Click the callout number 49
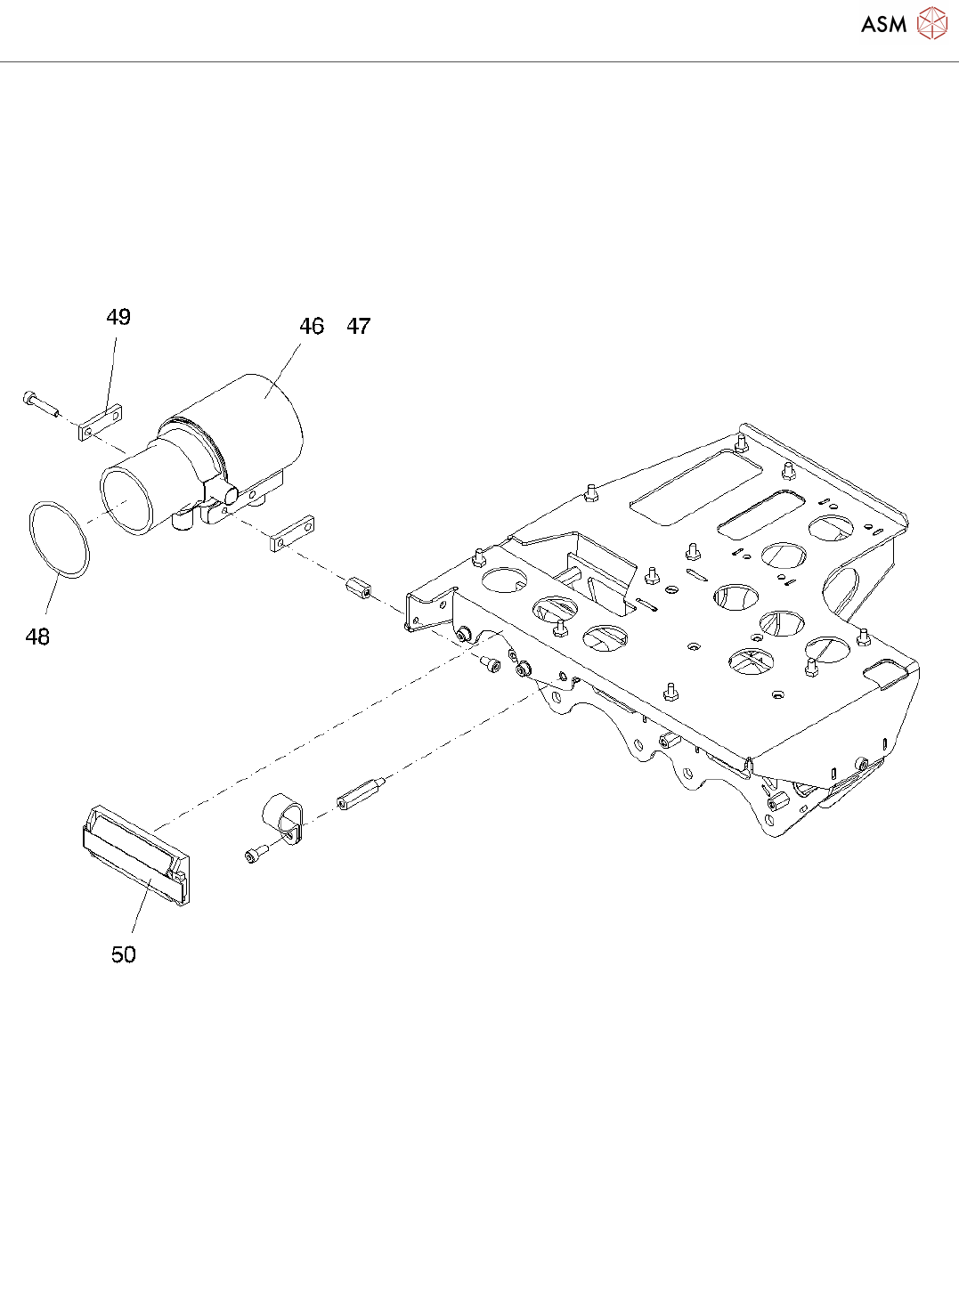point(118,318)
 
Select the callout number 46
point(312,327)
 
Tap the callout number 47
point(359,327)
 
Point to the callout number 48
point(37,637)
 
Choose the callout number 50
point(124,955)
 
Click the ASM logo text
point(883,24)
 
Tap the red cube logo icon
point(932,24)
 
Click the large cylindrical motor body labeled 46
point(258,418)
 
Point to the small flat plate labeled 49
point(100,423)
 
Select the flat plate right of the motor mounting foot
point(292,532)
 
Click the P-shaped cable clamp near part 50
point(283,815)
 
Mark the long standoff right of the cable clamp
point(361,793)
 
